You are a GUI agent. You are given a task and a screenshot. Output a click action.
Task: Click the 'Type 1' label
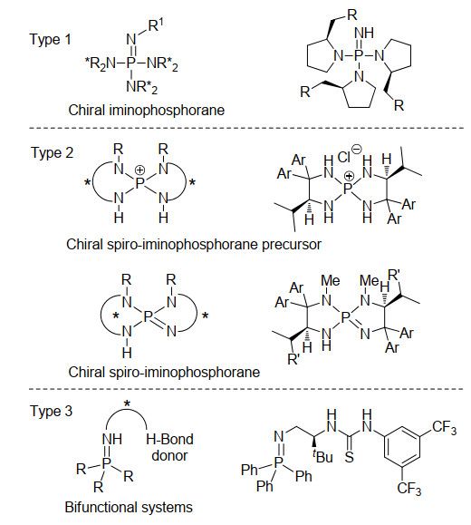51,40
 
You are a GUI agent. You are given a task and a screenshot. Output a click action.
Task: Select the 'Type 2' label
53,153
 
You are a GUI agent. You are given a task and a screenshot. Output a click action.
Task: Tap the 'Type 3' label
52,411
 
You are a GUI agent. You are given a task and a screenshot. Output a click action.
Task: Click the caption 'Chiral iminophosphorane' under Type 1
147,110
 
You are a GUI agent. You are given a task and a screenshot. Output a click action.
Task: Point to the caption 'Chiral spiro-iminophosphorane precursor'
194,245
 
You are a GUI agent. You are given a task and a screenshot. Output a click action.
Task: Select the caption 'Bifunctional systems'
129,507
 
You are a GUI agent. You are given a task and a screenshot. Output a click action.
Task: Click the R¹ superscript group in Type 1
155,25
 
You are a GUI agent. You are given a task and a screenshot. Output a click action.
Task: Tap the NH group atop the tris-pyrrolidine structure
363,33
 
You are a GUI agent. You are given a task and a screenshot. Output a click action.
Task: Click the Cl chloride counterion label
344,157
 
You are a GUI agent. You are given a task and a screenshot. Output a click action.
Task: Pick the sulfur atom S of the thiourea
349,456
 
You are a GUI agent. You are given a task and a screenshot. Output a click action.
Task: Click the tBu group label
322,456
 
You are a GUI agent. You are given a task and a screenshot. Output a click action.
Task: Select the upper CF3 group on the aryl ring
444,428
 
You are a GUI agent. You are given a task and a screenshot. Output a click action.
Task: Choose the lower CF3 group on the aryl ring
409,489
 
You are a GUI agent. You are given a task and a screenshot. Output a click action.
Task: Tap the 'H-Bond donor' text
169,447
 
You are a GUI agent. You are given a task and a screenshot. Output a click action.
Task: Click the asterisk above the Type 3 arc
127,404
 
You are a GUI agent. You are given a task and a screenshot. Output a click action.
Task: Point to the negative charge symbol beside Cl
357,149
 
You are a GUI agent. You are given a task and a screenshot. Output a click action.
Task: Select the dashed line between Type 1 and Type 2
246,128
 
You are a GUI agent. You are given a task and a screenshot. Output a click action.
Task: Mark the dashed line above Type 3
246,389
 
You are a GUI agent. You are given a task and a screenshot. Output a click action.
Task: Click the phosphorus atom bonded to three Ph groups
278,462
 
